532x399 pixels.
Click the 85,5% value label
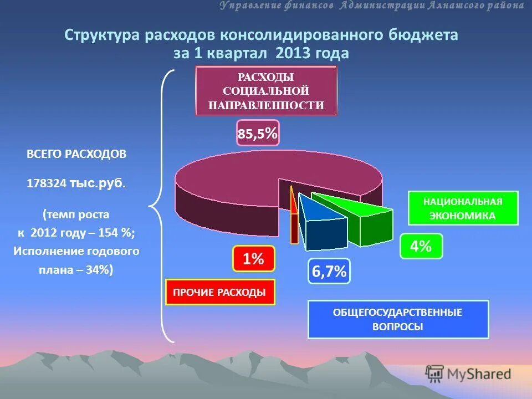258,133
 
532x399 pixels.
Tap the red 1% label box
253,259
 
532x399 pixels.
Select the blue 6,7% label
329,271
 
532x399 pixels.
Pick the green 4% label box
421,246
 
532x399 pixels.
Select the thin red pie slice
293,216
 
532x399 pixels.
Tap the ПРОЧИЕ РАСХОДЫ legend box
220,293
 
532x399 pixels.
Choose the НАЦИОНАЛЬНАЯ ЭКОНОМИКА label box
463,208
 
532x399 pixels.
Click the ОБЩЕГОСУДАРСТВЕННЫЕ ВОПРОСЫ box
398,320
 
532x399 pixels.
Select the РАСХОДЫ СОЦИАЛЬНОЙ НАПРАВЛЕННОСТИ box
266,91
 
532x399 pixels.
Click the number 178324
47,183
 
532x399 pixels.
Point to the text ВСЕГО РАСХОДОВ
76,154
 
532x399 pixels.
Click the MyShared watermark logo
468,374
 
